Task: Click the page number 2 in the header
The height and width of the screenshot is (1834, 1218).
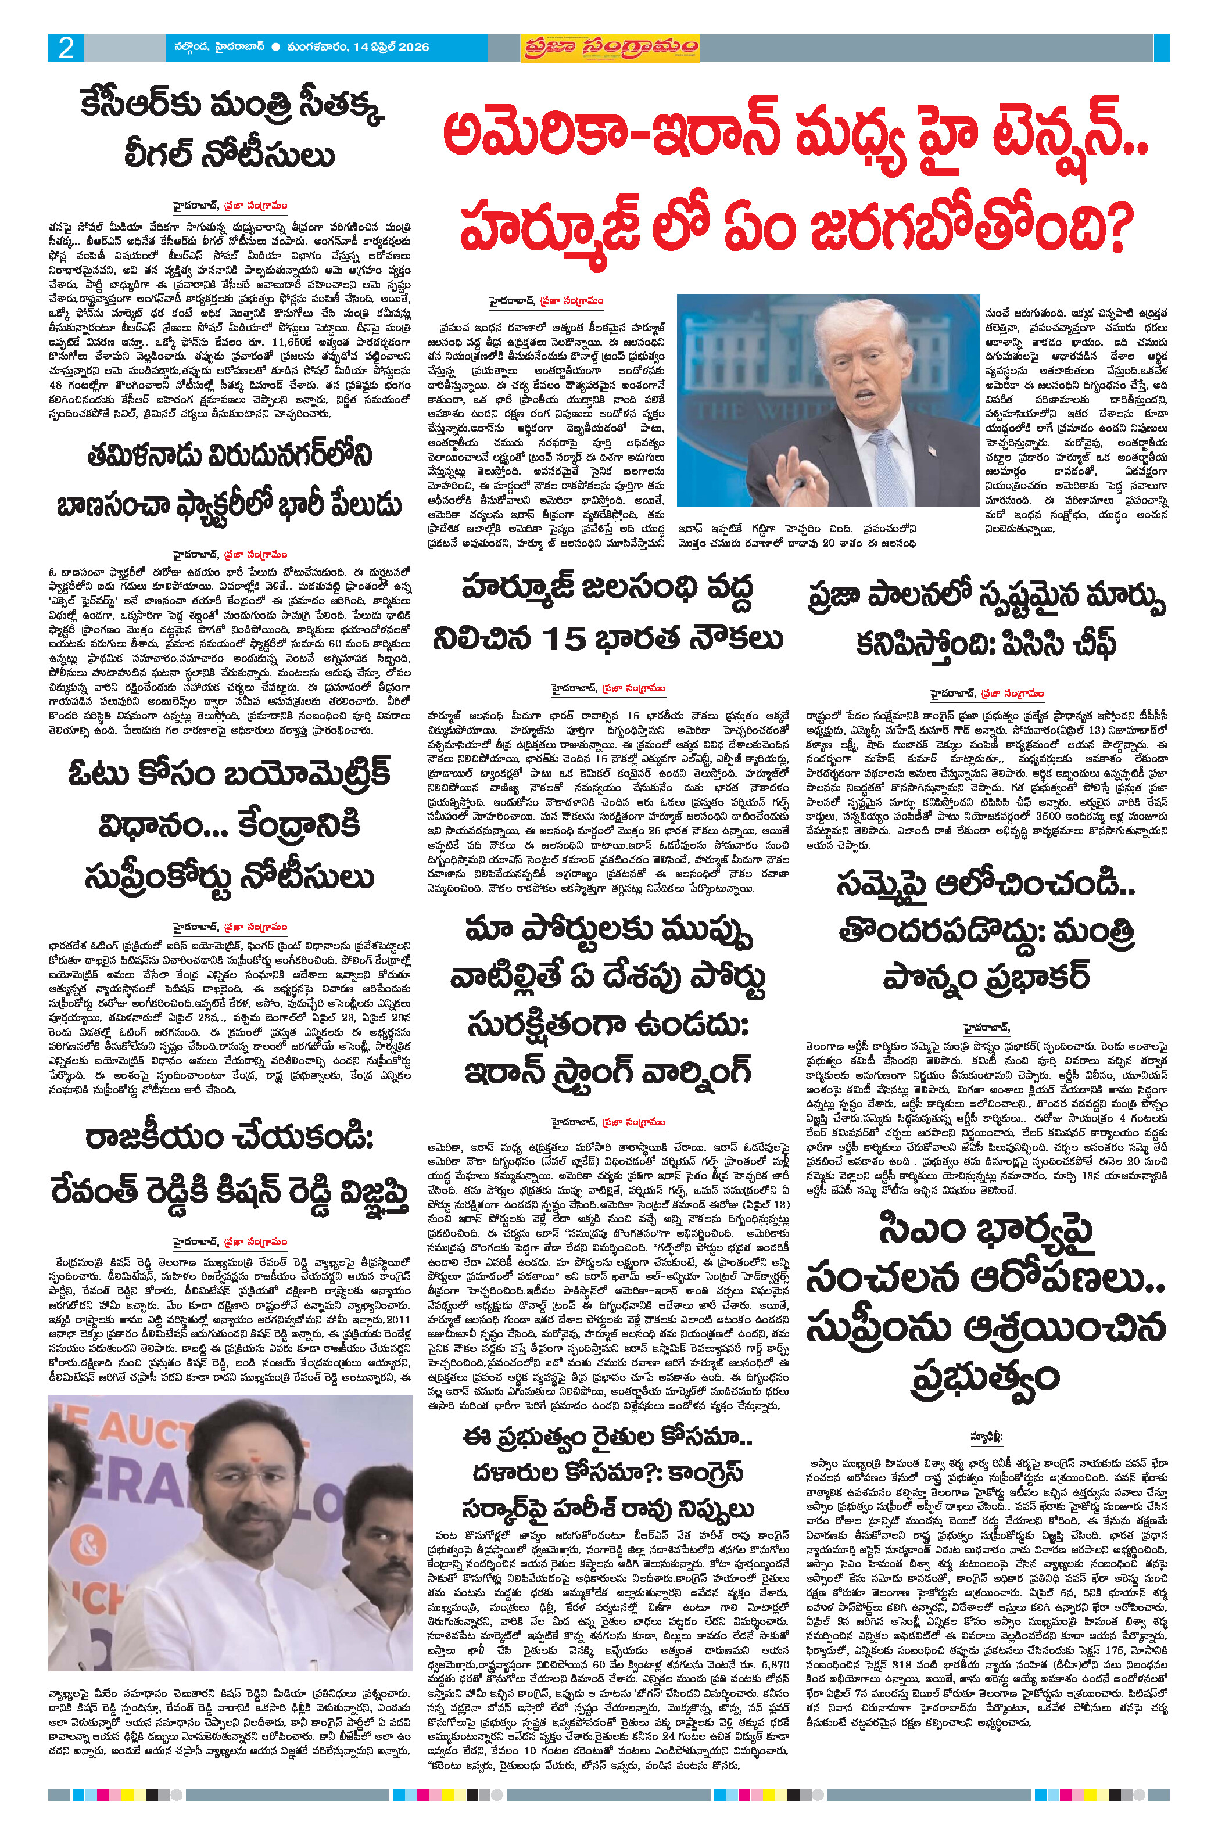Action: coord(66,48)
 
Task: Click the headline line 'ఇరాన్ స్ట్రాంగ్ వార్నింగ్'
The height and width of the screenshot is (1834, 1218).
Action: coord(607,1071)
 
